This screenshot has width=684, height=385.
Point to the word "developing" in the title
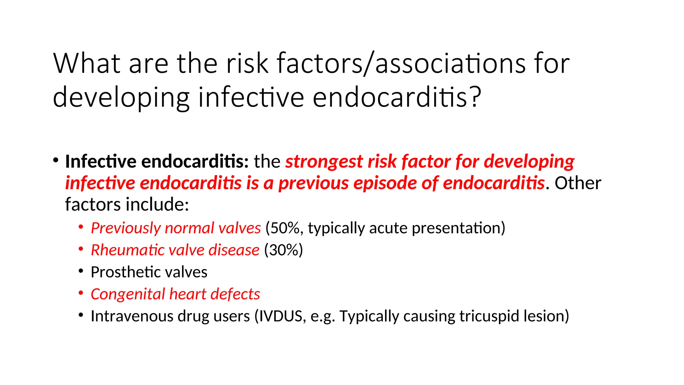point(121,98)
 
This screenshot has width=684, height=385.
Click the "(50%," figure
point(284,228)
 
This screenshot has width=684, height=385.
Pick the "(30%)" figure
point(284,250)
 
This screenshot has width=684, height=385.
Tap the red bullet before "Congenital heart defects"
point(81,293)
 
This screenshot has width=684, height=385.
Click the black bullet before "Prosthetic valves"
point(81,271)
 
